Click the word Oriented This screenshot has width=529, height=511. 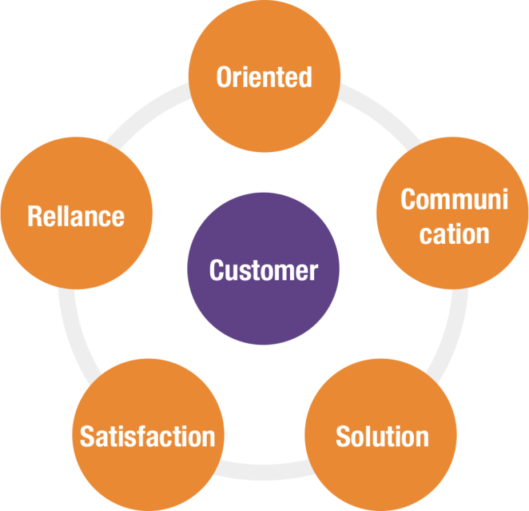[x=264, y=77]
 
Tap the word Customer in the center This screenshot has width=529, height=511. [x=263, y=270]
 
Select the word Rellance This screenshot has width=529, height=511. [x=76, y=216]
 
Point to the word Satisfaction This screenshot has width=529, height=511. [x=147, y=437]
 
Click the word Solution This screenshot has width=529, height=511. [x=382, y=437]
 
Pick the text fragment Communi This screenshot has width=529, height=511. [x=454, y=200]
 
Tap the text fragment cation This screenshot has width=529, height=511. [x=454, y=233]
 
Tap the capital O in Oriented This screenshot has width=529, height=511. [x=224, y=77]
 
